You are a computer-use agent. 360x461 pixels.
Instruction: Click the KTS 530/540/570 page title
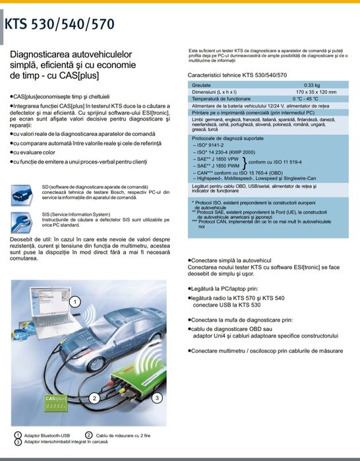[59, 24]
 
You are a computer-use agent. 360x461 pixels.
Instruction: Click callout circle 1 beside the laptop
[75, 302]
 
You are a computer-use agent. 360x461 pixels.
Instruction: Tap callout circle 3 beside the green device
[157, 398]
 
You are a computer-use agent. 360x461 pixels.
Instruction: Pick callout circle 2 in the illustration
[95, 398]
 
